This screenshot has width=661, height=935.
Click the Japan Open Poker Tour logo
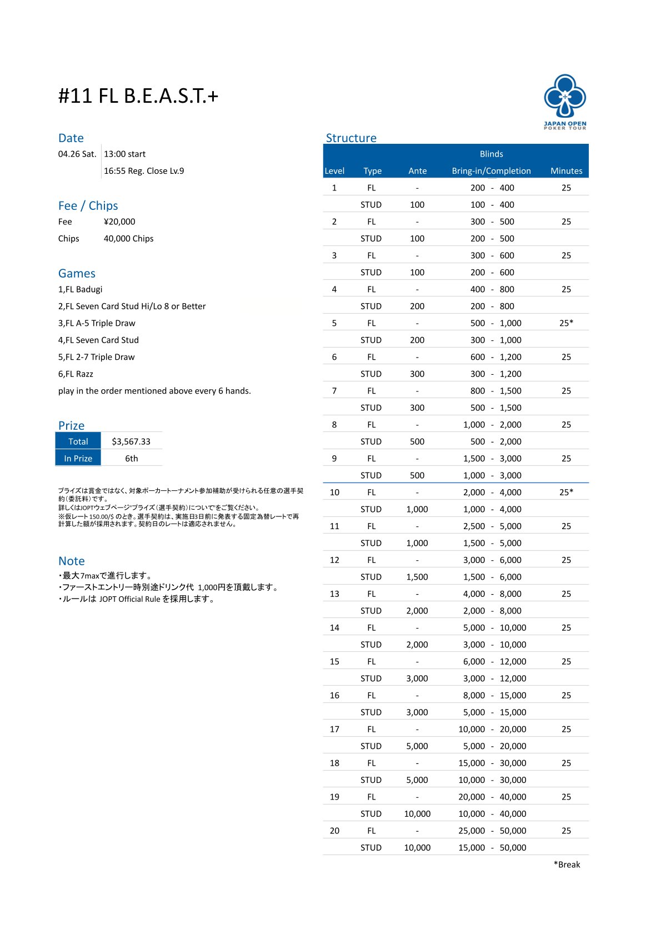[x=565, y=101]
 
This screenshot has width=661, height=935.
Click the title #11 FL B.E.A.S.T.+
[x=138, y=96]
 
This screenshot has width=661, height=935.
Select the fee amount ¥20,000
[x=119, y=222]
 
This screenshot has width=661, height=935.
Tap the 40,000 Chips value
[x=128, y=239]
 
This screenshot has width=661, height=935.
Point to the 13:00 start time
[x=125, y=154]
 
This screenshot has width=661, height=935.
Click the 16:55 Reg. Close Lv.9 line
[x=144, y=171]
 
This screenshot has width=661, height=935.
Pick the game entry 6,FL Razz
[x=76, y=374]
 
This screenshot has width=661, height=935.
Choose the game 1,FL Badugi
[x=81, y=289]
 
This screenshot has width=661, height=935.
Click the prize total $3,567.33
[x=131, y=441]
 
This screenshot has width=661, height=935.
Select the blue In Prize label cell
[x=78, y=458]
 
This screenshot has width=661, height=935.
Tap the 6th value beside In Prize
[x=131, y=459]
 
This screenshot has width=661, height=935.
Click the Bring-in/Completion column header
[x=491, y=171]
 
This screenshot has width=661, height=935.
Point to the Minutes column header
[x=566, y=171]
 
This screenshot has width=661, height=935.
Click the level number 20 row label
[x=334, y=831]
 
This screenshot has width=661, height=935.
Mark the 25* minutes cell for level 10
[x=566, y=492]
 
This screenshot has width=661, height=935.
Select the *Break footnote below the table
[x=567, y=864]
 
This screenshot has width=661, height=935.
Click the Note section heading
[x=72, y=561]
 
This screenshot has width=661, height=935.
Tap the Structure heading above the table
[x=351, y=138]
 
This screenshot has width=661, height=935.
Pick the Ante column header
[x=417, y=171]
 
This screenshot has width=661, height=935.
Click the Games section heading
[x=77, y=273]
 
